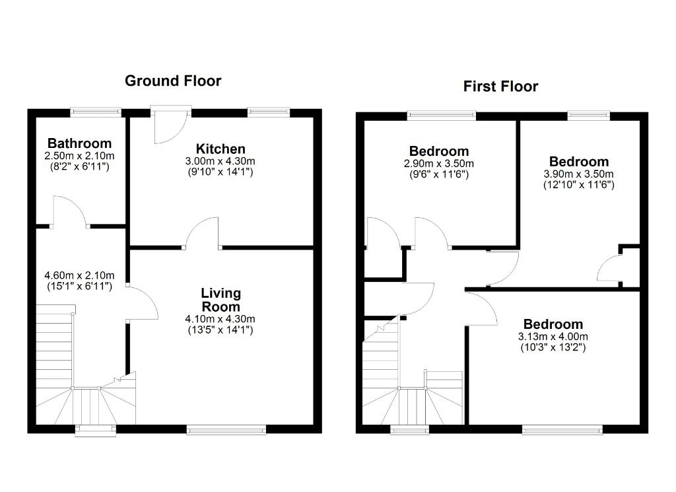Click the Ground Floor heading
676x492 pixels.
pos(173,81)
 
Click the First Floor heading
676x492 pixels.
pos(500,87)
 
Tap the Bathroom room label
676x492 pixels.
pos(79,143)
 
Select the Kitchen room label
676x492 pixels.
pos(220,149)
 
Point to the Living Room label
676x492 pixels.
pos(220,300)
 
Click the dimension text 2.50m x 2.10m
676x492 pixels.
pos(79,156)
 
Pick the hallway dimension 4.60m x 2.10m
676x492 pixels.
pos(79,275)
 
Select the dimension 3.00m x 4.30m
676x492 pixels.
pos(220,161)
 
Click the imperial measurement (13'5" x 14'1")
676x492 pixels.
pos(220,330)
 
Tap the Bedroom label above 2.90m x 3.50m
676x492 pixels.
pos(439,151)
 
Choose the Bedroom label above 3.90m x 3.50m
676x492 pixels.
pos(579,162)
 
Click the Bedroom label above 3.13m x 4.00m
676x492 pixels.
pos(553,324)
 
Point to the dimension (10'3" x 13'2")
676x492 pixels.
pos(553,347)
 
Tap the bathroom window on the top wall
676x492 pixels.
pos(96,112)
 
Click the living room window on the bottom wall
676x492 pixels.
pos(226,429)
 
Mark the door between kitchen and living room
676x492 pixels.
pos(202,233)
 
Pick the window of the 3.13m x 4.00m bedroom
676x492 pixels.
pos(562,429)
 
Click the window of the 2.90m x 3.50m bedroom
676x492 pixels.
pos(442,115)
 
